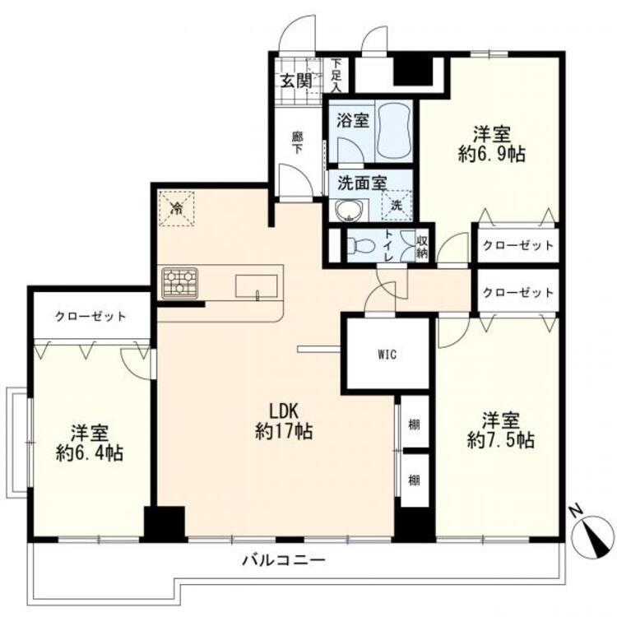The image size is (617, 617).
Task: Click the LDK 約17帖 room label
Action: click(283, 420)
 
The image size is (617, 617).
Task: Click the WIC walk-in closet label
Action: click(387, 355)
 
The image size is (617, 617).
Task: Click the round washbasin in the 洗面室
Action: click(351, 211)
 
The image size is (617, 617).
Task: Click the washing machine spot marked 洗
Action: click(397, 204)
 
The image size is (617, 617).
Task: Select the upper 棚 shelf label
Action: click(415, 424)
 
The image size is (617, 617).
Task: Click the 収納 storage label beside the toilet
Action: click(422, 245)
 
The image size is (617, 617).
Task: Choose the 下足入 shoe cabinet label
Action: click(336, 73)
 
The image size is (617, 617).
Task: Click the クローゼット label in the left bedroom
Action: click(90, 316)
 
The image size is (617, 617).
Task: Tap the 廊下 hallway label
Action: click(297, 143)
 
